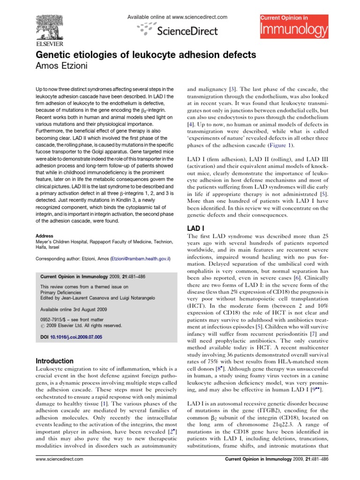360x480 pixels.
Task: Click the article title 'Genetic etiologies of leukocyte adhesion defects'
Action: pos(146,55)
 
